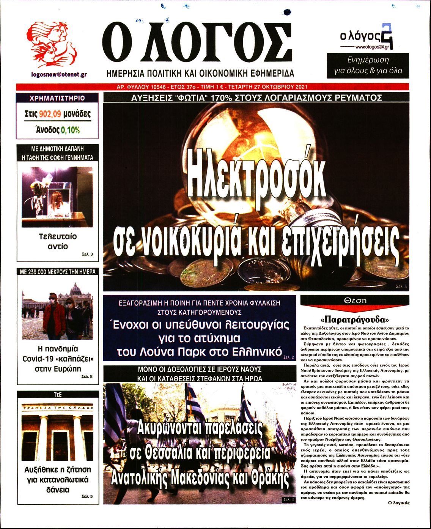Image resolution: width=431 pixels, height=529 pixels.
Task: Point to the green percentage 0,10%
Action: [71, 130]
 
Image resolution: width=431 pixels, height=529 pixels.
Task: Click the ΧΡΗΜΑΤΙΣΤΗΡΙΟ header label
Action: [57, 98]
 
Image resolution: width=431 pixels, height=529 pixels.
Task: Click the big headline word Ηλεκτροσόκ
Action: [257, 178]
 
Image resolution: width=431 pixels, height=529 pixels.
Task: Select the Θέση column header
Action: [355, 300]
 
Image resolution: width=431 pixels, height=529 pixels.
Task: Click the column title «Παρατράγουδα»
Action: [355, 318]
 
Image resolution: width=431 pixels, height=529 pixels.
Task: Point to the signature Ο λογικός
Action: [399, 503]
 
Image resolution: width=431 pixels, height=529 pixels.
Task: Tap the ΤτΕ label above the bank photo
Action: [58, 395]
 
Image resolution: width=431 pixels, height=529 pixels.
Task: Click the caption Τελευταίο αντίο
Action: [58, 241]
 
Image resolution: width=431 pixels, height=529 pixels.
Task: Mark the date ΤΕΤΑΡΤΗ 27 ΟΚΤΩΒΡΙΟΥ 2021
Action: [267, 87]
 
